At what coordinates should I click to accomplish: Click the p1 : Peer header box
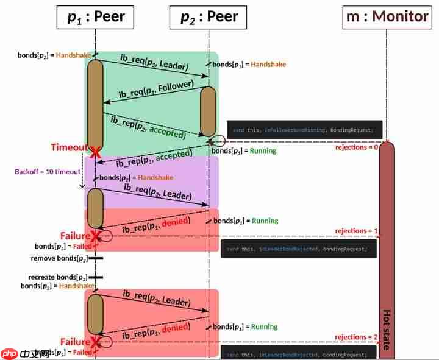click(x=95, y=17)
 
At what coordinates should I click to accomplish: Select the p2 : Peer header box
click(x=209, y=17)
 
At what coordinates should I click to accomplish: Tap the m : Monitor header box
click(x=387, y=16)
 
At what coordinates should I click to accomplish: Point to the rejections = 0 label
click(x=357, y=147)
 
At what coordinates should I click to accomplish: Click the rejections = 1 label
click(x=357, y=231)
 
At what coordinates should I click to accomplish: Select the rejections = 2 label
click(x=357, y=337)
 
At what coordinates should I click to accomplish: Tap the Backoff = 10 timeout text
click(x=48, y=172)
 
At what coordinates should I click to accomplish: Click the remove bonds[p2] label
click(x=59, y=259)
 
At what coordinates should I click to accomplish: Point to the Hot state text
click(x=387, y=329)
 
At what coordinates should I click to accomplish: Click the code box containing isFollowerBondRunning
click(x=305, y=130)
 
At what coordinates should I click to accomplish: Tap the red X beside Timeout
click(x=95, y=150)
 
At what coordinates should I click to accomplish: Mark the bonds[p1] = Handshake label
click(x=249, y=64)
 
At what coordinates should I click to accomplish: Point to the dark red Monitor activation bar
click(x=387, y=244)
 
